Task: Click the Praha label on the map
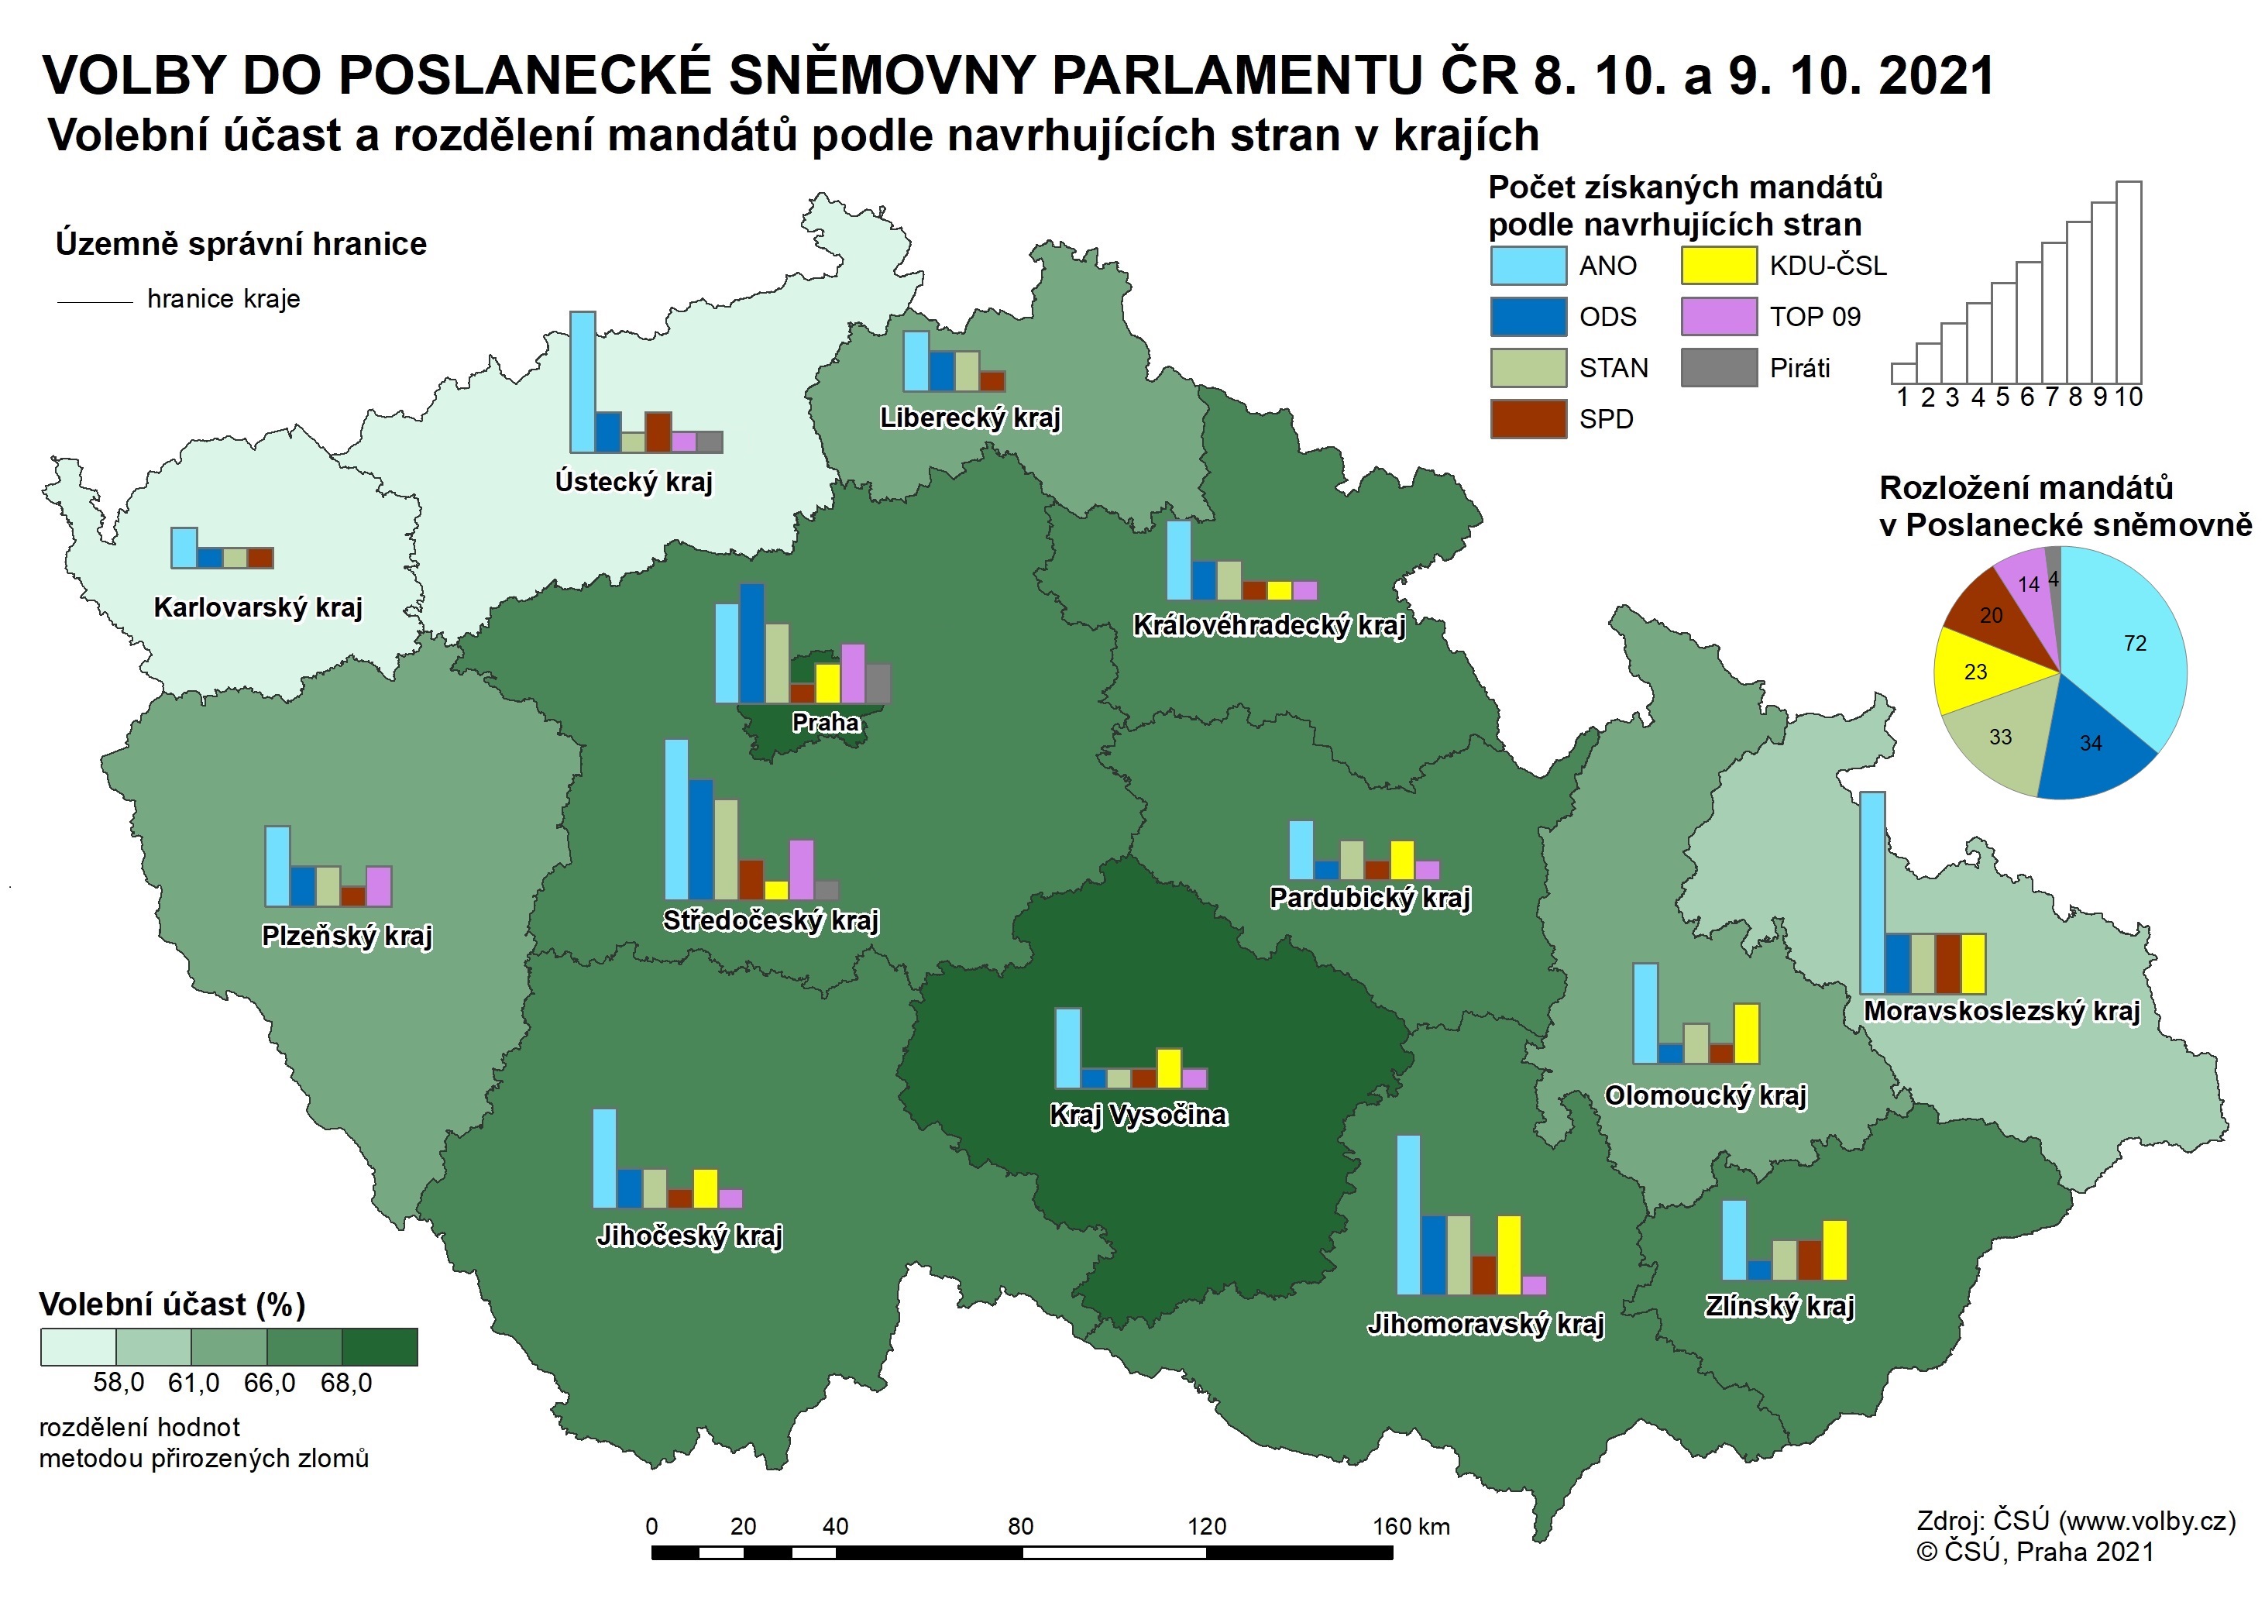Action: pyautogui.click(x=826, y=722)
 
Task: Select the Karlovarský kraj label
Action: pyautogui.click(x=257, y=607)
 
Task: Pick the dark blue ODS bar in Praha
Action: pyautogui.click(x=751, y=643)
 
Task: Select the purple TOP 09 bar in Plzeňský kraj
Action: pyautogui.click(x=379, y=886)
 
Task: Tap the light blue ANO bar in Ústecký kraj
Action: pyautogui.click(x=583, y=382)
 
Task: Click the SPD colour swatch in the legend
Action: pyautogui.click(x=1527, y=419)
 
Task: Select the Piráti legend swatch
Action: pyautogui.click(x=1718, y=368)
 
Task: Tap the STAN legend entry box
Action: pyautogui.click(x=1527, y=368)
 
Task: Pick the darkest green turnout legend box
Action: pyautogui.click(x=380, y=1346)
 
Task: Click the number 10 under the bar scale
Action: pyautogui.click(x=2129, y=397)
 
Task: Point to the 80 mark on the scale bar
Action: pyautogui.click(x=1021, y=1527)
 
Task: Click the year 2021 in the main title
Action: pyautogui.click(x=1936, y=76)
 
